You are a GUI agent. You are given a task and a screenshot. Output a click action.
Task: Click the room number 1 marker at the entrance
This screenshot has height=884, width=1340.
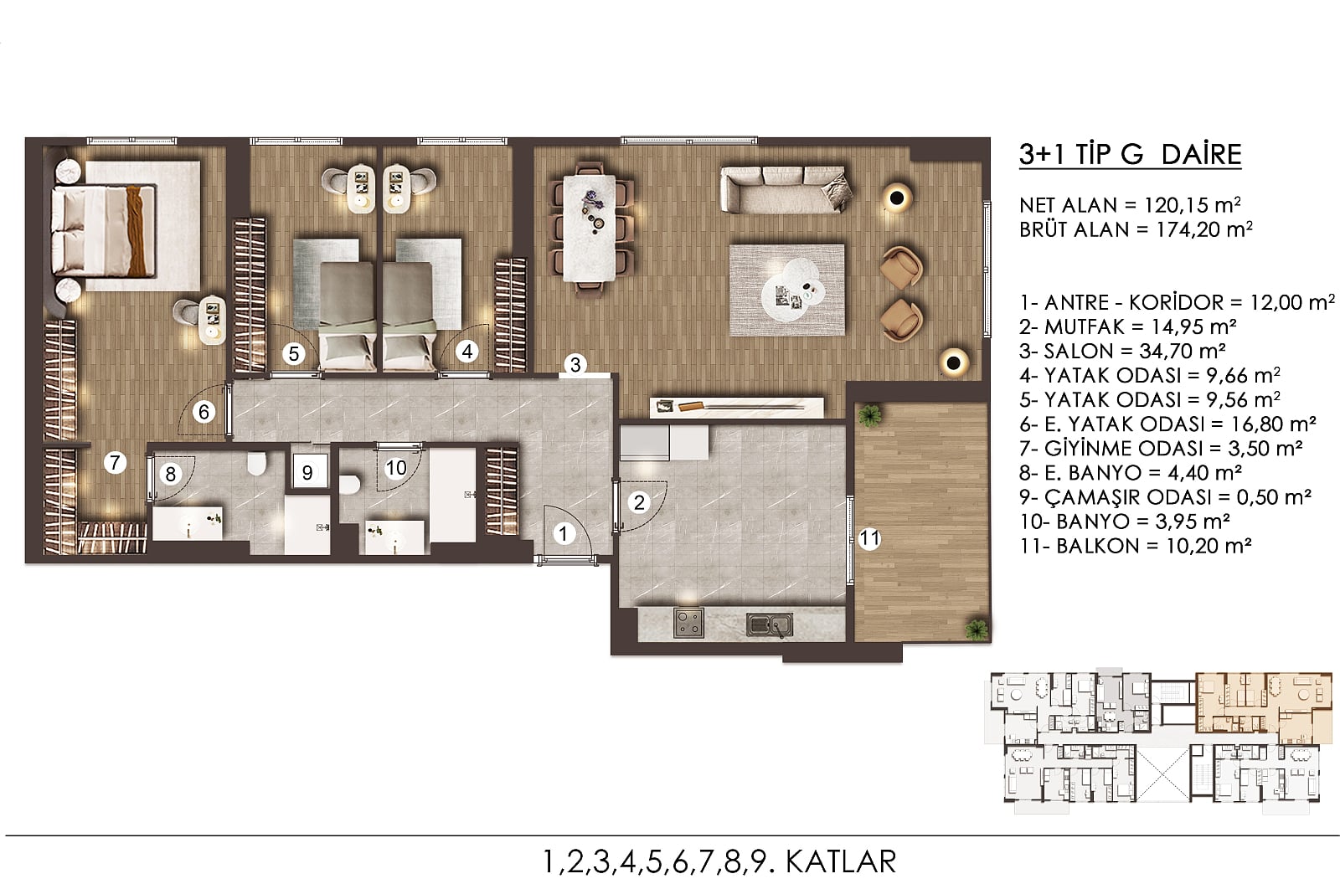[563, 533]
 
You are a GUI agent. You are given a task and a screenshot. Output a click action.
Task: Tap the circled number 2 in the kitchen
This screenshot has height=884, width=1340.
[639, 502]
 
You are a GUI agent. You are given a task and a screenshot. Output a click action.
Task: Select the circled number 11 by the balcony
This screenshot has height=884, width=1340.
[868, 539]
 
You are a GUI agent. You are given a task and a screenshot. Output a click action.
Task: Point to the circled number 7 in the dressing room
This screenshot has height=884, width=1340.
[115, 462]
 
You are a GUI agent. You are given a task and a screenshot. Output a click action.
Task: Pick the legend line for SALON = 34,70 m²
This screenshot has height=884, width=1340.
[1122, 351]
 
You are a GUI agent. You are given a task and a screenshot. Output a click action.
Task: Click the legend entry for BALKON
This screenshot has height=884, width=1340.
[1136, 546]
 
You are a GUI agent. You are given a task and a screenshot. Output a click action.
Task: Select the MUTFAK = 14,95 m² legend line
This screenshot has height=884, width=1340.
[1127, 326]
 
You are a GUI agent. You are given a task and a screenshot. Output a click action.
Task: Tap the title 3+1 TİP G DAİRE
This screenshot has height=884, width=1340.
[1130, 154]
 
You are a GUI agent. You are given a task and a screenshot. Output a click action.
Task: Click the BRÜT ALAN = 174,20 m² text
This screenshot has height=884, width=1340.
[1136, 229]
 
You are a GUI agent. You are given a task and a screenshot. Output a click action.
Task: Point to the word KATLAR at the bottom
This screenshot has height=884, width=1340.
[841, 862]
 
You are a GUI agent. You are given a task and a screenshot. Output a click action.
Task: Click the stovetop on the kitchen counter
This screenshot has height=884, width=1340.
[688, 623]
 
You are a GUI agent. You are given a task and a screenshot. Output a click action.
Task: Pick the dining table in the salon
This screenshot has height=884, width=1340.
[590, 228]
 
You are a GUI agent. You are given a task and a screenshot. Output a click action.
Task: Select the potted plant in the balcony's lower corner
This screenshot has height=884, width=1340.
[976, 630]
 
